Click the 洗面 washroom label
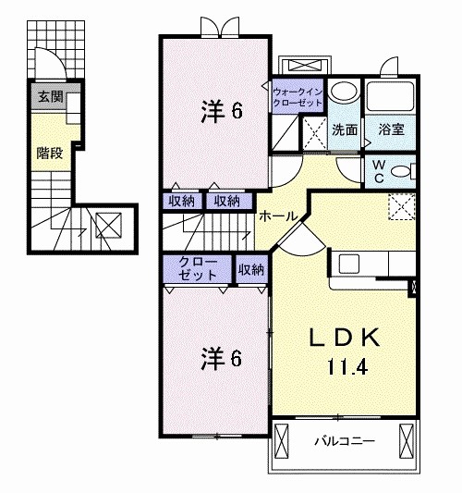click(x=345, y=130)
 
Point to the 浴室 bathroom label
click(x=390, y=130)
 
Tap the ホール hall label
click(x=278, y=216)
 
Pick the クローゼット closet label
click(x=198, y=269)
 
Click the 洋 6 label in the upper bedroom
click(x=222, y=111)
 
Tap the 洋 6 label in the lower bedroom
click(x=221, y=358)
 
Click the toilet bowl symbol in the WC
click(x=400, y=171)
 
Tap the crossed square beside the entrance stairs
click(x=107, y=225)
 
